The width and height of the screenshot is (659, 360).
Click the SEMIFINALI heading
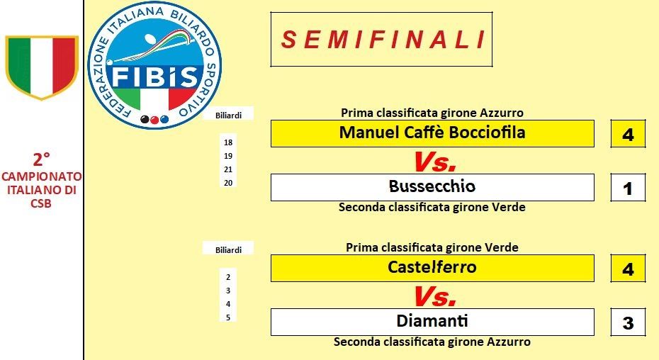click(x=383, y=40)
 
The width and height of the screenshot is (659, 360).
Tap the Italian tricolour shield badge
click(x=42, y=67)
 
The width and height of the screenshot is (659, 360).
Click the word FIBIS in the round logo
click(x=154, y=77)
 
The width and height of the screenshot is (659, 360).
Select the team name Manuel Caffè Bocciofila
click(x=432, y=133)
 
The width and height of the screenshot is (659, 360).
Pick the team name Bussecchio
click(x=432, y=186)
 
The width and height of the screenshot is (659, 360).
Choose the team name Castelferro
click(x=432, y=267)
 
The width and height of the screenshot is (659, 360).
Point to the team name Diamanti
click(x=432, y=321)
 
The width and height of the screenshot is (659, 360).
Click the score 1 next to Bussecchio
click(x=628, y=189)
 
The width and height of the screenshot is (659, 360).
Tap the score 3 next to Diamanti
click(x=628, y=323)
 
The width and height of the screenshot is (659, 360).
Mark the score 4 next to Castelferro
click(x=628, y=269)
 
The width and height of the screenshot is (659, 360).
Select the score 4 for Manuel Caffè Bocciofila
click(x=628, y=135)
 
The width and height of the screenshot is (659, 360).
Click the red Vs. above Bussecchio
click(x=434, y=162)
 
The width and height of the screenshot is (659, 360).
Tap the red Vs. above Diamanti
click(x=434, y=296)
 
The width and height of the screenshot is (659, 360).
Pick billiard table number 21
click(x=228, y=169)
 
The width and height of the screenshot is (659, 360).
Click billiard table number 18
click(x=228, y=142)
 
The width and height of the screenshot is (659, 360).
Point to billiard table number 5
click(x=228, y=317)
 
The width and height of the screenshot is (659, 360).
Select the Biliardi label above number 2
click(x=228, y=250)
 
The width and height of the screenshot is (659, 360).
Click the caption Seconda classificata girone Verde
click(x=432, y=208)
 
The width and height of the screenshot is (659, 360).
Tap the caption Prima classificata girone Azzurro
click(x=432, y=113)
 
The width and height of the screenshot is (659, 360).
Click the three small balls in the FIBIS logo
click(x=154, y=120)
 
